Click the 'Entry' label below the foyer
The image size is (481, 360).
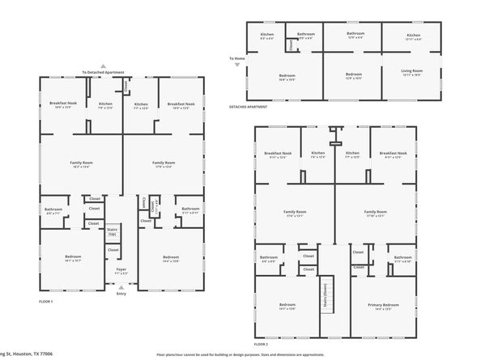coord(121,294)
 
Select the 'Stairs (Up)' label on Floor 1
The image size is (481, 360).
coord(113,231)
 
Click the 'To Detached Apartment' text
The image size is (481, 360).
coord(104,72)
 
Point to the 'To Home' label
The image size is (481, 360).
coord(236,58)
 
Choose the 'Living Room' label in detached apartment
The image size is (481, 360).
coord(412,70)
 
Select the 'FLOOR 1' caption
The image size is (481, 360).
coord(46,301)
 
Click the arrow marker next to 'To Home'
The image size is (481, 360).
coord(236,66)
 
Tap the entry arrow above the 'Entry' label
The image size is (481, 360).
coord(121,286)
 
